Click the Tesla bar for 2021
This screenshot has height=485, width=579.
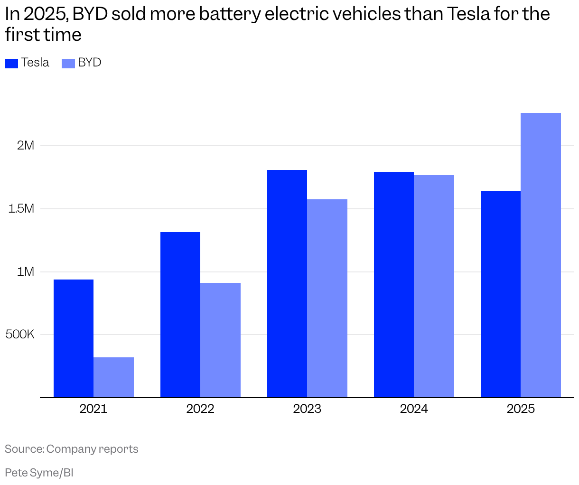(74, 338)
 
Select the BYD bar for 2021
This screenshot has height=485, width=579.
(113, 377)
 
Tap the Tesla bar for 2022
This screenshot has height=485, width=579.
(180, 315)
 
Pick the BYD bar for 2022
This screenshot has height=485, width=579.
(220, 340)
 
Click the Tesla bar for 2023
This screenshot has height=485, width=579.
(287, 283)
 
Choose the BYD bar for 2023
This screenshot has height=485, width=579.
(327, 298)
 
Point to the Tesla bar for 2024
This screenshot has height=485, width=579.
(394, 285)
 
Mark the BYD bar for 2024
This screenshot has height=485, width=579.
(434, 286)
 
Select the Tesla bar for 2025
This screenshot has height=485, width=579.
(501, 294)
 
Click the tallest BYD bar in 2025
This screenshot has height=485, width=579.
(541, 255)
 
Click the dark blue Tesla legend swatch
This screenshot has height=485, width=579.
(11, 63)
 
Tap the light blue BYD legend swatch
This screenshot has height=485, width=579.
(68, 63)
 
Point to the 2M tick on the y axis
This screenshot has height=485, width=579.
(26, 145)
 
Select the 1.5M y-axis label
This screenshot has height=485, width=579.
(21, 208)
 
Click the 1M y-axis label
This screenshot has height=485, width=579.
(26, 271)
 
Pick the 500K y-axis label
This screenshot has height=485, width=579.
(20, 335)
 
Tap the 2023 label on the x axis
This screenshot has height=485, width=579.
(307, 409)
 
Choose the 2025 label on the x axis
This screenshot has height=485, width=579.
(521, 409)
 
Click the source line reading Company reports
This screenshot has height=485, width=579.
(72, 449)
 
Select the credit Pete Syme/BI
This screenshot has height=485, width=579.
(39, 473)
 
